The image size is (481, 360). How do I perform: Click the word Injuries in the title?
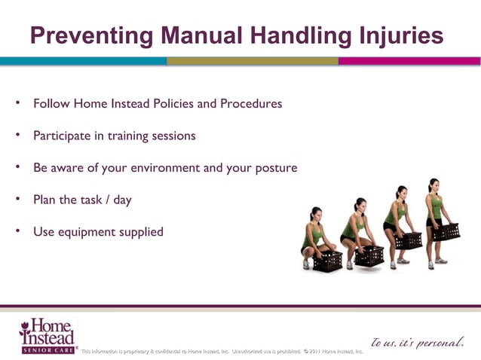point(397,35)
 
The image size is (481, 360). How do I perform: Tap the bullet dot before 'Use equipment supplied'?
point(17,230)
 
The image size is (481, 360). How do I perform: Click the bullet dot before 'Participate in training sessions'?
point(17,135)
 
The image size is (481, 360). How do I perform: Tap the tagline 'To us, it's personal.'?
point(417,343)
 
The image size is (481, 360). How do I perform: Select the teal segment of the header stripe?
point(83,61)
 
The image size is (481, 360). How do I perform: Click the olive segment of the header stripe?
point(252,61)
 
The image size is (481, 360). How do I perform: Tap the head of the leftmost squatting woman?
point(316,214)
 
